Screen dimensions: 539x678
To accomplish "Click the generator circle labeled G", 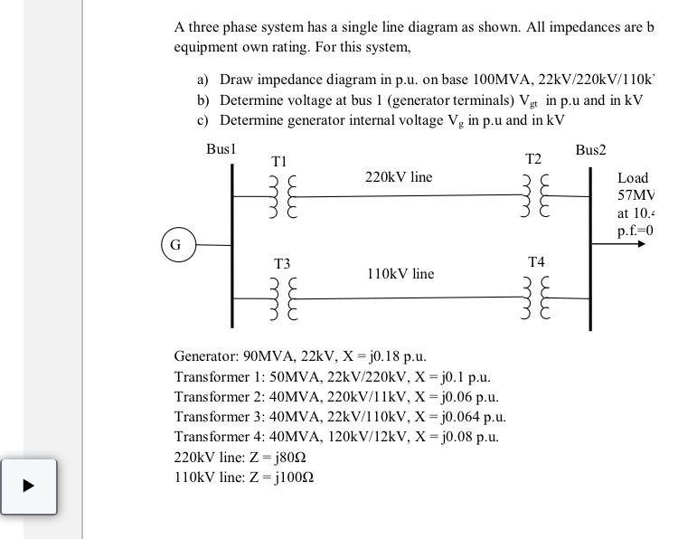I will tap(176, 244).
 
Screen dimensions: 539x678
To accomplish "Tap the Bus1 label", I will tap(221, 148).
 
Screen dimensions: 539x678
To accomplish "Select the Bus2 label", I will tap(590, 150).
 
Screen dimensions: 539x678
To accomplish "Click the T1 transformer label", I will tap(279, 160).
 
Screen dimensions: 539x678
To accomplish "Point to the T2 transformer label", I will tap(533, 159).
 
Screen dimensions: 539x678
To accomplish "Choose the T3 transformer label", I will tap(282, 264).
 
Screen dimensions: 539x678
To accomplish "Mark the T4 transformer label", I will tap(537, 262).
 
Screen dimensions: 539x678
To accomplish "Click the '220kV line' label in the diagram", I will tap(399, 177).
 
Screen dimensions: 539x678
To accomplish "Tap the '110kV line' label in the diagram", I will tap(400, 273).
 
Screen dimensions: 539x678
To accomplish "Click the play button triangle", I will tap(28, 485).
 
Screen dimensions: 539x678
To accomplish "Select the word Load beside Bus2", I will tap(633, 178).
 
